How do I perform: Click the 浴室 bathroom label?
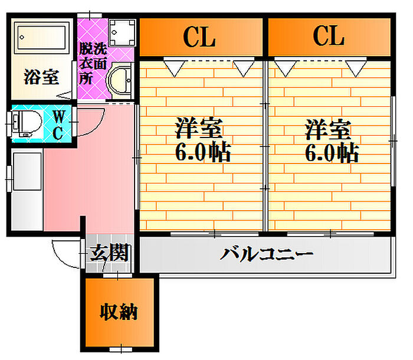41,77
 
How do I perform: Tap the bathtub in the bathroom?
42,37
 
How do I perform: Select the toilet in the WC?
27,123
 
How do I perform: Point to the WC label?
58,125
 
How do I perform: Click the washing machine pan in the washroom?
122,32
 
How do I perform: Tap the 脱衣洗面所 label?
93,63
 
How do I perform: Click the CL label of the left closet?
199,37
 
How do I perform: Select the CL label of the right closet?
329,36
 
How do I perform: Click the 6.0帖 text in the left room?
203,152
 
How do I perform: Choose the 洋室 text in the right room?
328,129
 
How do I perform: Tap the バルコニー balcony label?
266,254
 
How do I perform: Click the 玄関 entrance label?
109,253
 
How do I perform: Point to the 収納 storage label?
119,312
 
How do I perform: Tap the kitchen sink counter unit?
27,189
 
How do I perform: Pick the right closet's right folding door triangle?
356,68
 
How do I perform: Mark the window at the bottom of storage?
121,349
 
